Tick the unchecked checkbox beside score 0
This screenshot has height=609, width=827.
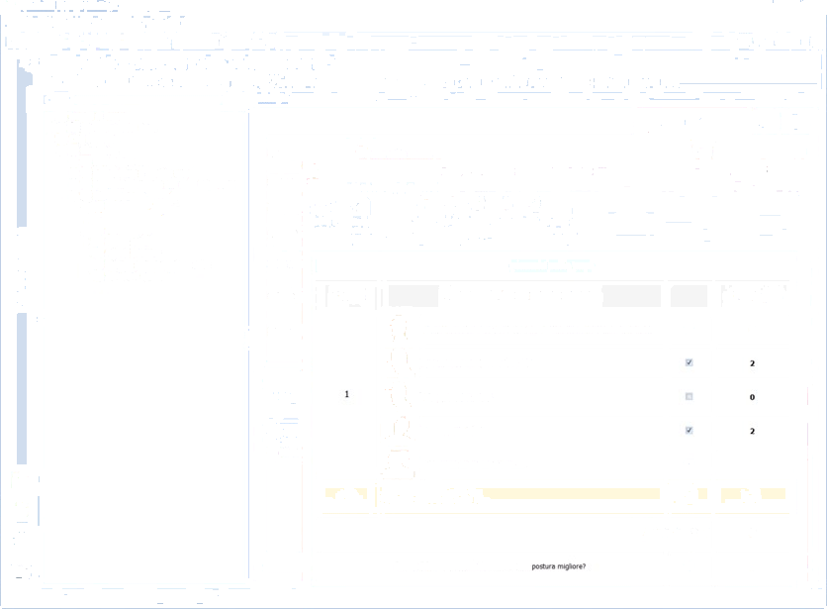(x=689, y=396)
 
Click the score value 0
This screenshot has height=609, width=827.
(x=752, y=397)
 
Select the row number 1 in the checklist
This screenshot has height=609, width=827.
(x=346, y=394)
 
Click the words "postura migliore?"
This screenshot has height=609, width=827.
(x=564, y=566)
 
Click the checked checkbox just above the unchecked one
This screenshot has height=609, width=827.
(x=689, y=362)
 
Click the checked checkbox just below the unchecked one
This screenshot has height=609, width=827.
(x=689, y=430)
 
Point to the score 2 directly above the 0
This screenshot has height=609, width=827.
(x=752, y=363)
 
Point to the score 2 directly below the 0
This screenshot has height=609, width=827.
(x=752, y=431)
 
